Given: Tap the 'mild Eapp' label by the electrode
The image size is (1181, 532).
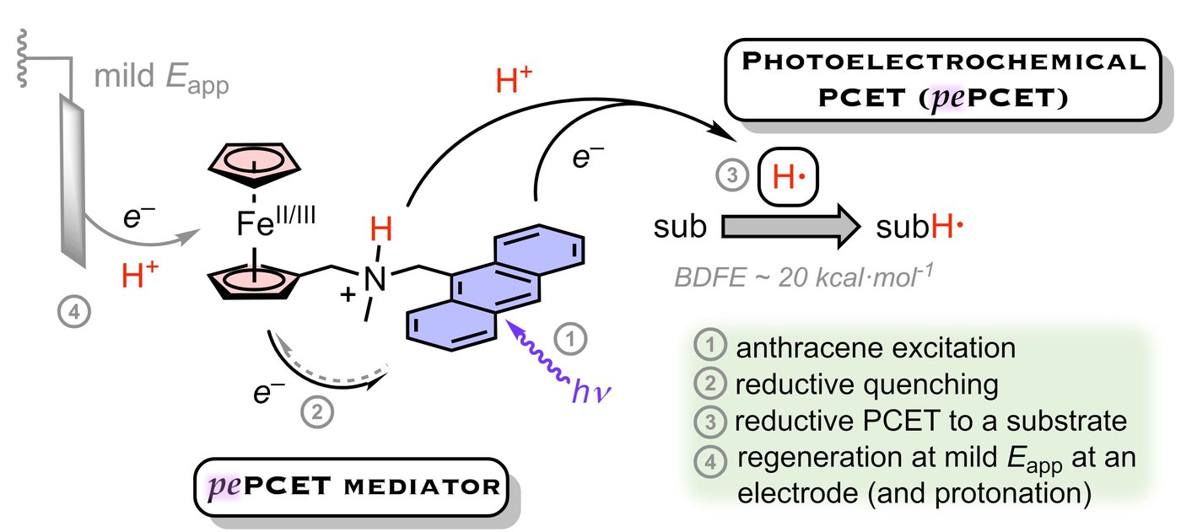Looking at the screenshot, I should [x=161, y=82].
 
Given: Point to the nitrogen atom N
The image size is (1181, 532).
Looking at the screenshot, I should [x=377, y=277].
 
